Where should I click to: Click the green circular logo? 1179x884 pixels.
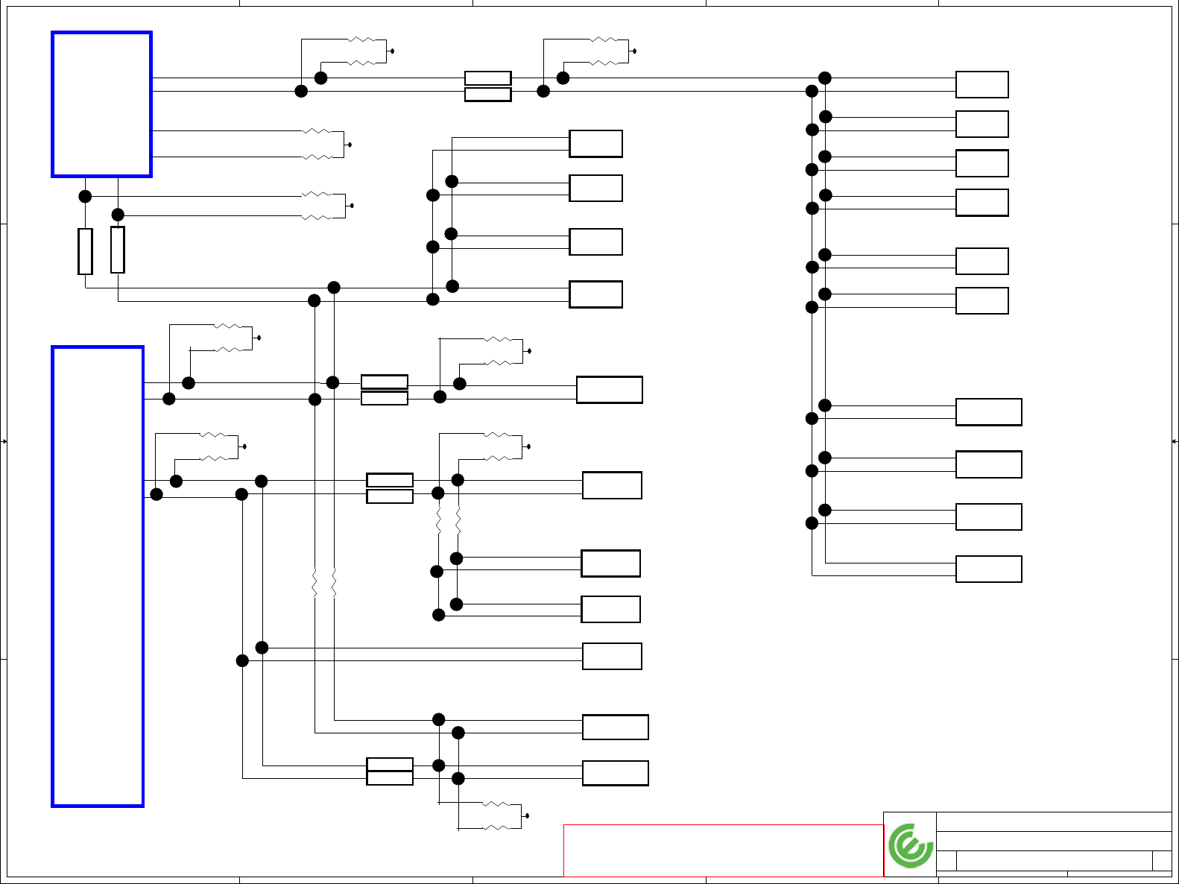pos(910,845)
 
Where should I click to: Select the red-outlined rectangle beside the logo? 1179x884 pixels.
pos(723,850)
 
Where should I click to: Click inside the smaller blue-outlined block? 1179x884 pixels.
pos(102,104)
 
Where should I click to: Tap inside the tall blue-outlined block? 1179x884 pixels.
pos(98,576)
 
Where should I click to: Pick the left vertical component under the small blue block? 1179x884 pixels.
pos(86,251)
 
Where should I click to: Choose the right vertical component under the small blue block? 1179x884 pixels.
pos(118,250)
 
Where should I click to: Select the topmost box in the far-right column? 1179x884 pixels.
pos(982,85)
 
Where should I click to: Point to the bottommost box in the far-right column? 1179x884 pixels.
pos(988,569)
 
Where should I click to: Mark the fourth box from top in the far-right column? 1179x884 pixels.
pos(982,203)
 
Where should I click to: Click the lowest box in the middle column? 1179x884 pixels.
pos(615,773)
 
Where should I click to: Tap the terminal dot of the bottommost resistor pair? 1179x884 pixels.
pos(527,816)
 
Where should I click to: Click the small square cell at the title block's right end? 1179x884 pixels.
pos(1161,860)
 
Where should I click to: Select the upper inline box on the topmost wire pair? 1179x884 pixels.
pos(487,78)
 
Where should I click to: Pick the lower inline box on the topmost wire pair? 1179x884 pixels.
pos(487,95)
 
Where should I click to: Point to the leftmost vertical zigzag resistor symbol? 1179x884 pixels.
pos(314,583)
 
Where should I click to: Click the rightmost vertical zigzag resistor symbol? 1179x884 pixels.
pos(458,520)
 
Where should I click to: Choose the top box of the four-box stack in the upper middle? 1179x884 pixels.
pos(595,144)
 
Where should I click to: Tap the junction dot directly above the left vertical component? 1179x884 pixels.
pos(85,196)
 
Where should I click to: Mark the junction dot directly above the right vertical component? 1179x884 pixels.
pos(118,215)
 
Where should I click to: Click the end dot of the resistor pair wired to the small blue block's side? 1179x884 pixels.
pos(350,145)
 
